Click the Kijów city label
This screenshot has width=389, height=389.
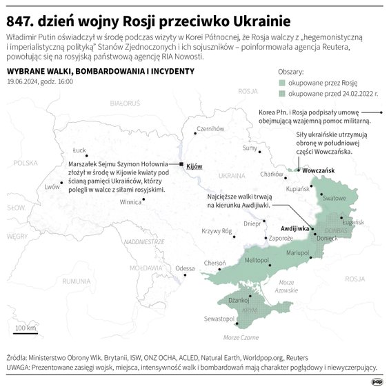pyautogui.click(x=194, y=166)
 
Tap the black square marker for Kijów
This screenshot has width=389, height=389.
pyautogui.click(x=181, y=165)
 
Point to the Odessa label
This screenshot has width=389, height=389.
pyautogui.click(x=185, y=268)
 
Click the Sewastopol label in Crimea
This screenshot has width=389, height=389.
pyautogui.click(x=218, y=319)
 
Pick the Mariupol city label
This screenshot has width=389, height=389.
pyautogui.click(x=298, y=253)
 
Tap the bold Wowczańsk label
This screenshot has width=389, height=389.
pyautogui.click(x=318, y=169)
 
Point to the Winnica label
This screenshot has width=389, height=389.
pyautogui.click(x=130, y=203)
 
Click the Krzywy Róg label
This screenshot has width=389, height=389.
pyautogui.click(x=216, y=232)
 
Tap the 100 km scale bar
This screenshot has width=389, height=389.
pyautogui.click(x=26, y=332)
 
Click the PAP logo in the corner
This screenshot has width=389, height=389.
pyautogui.click(x=377, y=380)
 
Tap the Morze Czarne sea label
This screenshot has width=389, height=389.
pyautogui.click(x=241, y=337)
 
